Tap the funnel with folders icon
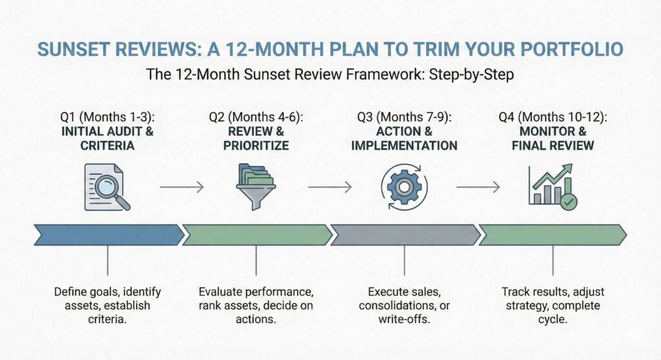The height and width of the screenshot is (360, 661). click(x=256, y=186)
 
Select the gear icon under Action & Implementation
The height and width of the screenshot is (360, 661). click(x=404, y=186)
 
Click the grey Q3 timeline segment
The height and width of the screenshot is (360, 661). click(x=404, y=235)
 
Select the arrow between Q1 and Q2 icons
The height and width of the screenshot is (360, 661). click(x=181, y=187)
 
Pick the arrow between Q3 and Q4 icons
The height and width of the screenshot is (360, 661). click(x=478, y=187)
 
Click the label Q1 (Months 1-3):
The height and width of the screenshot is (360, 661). click(x=107, y=117)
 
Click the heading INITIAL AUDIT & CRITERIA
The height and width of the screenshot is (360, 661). click(x=107, y=139)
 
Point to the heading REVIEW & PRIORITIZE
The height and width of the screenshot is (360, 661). click(x=256, y=139)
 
